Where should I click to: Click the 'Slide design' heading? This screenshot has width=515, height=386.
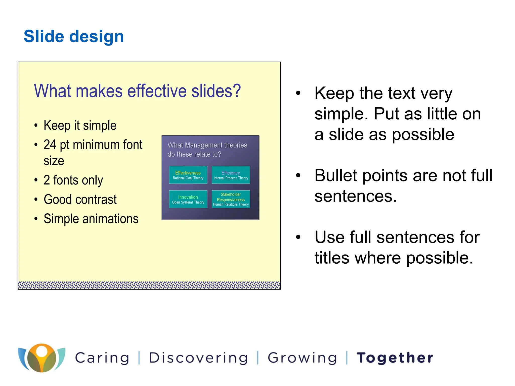click(x=74, y=36)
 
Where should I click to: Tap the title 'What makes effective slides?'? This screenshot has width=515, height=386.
click(x=137, y=91)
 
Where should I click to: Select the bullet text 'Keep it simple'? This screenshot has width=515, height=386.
click(x=80, y=125)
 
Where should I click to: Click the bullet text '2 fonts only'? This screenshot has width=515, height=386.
click(x=73, y=180)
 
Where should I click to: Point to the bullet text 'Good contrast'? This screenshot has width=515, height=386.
click(x=80, y=200)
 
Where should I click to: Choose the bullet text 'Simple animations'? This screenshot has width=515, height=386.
click(x=91, y=219)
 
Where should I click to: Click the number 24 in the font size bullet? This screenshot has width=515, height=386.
click(x=50, y=145)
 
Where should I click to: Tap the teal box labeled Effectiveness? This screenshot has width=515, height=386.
click(x=188, y=175)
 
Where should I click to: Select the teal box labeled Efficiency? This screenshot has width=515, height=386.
click(x=231, y=175)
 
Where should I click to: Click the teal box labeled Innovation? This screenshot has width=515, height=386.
click(x=188, y=199)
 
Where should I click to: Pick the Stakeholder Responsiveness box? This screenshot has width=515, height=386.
click(x=231, y=199)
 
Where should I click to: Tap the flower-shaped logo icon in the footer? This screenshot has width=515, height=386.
click(x=42, y=358)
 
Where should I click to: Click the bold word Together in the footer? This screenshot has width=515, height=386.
click(x=395, y=358)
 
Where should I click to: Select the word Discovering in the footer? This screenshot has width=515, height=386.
click(x=198, y=358)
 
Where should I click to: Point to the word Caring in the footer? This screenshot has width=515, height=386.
click(x=102, y=358)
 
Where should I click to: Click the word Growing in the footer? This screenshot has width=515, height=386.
click(x=302, y=358)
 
